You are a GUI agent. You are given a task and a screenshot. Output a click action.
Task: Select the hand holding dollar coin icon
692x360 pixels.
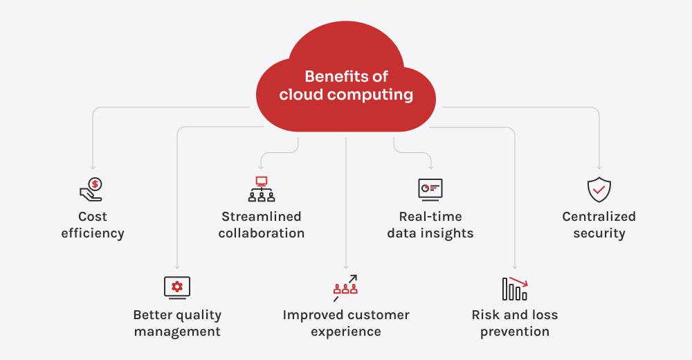91,190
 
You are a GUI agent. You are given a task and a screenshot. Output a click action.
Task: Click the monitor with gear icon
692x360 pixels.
177,287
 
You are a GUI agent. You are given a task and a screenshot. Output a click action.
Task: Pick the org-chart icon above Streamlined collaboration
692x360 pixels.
262,189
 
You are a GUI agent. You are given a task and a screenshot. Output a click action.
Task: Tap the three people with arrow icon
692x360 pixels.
345,288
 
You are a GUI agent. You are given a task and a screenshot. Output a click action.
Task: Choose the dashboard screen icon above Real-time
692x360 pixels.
430,190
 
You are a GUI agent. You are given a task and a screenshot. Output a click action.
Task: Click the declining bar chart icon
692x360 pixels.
515,289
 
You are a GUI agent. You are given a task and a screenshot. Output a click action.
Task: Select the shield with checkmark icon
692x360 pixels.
599,190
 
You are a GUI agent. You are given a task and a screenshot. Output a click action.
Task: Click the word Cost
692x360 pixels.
93,217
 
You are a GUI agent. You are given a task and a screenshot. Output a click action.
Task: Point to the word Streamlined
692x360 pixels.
262,217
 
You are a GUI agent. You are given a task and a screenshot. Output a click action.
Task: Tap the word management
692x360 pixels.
177,332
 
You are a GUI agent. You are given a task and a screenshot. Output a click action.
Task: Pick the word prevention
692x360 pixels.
515,332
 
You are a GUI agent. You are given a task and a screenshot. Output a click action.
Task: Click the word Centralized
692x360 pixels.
599,217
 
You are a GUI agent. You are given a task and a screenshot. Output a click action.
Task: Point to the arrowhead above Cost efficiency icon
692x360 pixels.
93,167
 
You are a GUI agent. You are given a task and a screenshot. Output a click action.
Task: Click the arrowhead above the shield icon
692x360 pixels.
599,167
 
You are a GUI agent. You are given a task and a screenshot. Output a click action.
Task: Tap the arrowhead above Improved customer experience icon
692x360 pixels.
346,267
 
